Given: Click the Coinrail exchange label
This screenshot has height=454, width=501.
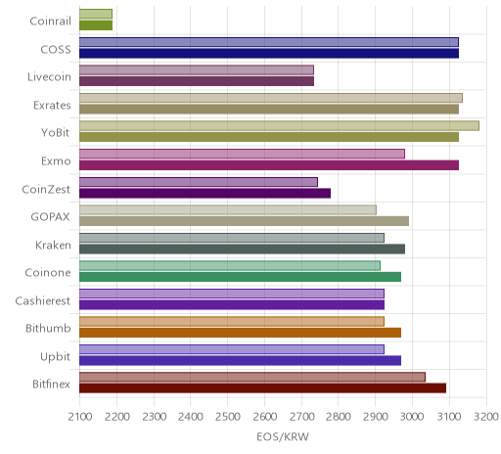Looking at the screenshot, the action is [50, 22].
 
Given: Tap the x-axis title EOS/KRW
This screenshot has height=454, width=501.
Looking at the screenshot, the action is [283, 436].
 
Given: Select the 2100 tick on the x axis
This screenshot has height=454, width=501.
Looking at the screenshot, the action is [80, 417].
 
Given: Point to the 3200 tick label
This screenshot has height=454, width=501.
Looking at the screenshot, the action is [486, 417].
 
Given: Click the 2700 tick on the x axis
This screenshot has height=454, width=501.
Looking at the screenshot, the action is [301, 417].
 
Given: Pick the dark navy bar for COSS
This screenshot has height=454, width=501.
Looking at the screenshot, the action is [269, 54].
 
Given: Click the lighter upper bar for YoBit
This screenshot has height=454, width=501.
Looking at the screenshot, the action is [279, 126].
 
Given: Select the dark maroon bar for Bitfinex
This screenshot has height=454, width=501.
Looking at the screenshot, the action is [262, 388].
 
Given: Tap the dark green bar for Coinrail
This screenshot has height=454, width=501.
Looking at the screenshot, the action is [96, 25].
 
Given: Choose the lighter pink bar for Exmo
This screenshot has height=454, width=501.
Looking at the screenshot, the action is [242, 154].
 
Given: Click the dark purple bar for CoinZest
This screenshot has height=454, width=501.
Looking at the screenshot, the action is [205, 194].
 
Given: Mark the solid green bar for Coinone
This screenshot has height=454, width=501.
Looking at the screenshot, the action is [240, 277].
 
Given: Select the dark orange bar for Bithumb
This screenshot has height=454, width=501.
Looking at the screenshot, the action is [240, 333].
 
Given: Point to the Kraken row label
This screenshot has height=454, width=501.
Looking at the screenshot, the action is [53, 245].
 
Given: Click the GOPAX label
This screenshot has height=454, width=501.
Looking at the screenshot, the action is [50, 217].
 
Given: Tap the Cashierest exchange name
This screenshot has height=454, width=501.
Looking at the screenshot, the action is [43, 300].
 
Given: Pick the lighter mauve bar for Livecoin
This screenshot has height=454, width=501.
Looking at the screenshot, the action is [197, 70].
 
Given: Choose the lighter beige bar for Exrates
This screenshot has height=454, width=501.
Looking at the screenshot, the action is [271, 98].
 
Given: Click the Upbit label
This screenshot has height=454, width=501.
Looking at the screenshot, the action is [55, 356].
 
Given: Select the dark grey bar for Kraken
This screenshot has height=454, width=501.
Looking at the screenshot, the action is [242, 250].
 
